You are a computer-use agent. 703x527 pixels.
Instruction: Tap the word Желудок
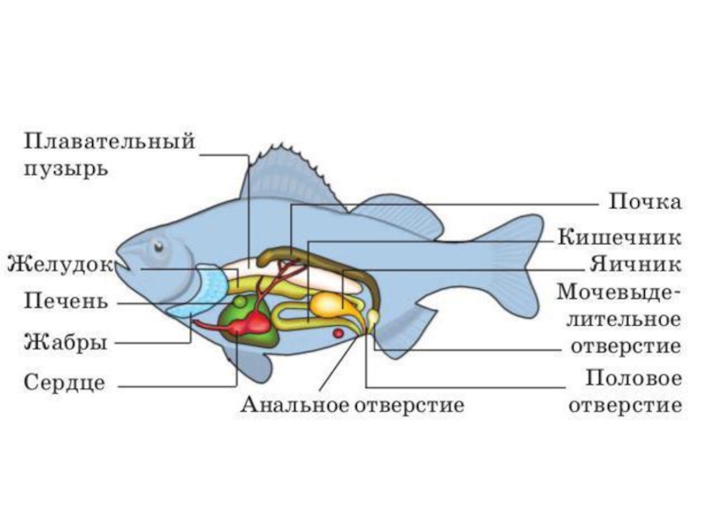[x=60, y=262]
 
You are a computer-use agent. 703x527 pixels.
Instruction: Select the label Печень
[x=65, y=302]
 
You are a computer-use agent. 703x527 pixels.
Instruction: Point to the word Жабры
[x=65, y=342]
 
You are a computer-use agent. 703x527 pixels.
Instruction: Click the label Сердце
[x=65, y=383]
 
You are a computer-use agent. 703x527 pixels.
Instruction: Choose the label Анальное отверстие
[x=351, y=406]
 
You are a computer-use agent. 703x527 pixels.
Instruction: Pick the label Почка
[x=645, y=203]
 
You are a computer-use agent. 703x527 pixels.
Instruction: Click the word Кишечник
[x=619, y=237]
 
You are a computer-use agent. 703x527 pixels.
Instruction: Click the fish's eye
[x=158, y=247]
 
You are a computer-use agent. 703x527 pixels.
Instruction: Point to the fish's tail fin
[x=518, y=263]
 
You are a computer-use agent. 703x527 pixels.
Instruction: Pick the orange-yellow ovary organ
[x=328, y=304]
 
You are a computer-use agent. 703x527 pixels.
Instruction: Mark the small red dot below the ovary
[x=337, y=334]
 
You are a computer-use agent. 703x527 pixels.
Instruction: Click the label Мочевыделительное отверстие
[x=619, y=317]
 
